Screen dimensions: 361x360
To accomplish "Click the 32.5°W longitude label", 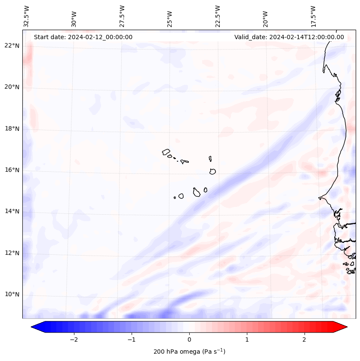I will (x=27, y=16).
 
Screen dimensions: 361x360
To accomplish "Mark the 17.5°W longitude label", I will (x=313, y=16).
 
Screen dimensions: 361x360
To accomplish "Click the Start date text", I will (x=83, y=37).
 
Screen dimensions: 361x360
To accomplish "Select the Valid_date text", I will (x=289, y=37).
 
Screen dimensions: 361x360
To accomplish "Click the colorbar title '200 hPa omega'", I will (x=189, y=352).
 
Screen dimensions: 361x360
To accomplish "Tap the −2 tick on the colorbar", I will (x=74, y=339).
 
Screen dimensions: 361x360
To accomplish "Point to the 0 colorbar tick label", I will (x=189, y=339).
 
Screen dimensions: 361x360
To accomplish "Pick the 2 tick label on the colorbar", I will (x=305, y=339).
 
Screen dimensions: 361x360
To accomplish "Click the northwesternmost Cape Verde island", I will (x=166, y=151).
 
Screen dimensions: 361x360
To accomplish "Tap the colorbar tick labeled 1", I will (x=247, y=339).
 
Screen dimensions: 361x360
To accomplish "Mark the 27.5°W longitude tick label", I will (x=122, y=16).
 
